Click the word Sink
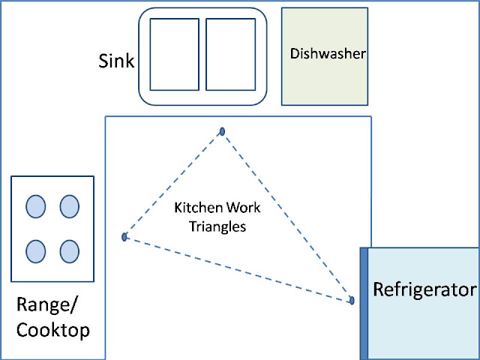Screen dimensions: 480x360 [116, 61]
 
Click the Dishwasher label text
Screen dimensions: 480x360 [328, 53]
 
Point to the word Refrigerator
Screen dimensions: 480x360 [425, 289]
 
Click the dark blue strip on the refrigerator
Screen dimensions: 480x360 [364, 304]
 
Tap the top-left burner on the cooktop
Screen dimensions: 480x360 [36, 207]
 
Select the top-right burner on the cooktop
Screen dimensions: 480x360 [70, 207]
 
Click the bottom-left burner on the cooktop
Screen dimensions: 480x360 [36, 252]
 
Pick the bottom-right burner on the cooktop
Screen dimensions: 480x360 [70, 252]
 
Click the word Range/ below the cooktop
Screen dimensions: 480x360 [46, 305]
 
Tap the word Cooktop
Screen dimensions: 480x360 [53, 330]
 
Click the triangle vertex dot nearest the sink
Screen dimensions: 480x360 [222, 132]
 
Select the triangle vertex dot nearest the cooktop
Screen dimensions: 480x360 [124, 237]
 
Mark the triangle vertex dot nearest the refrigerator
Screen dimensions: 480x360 [352, 300]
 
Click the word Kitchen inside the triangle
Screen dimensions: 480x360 [198, 208]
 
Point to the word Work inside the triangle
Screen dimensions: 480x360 [243, 208]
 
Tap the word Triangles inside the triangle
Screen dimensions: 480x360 [217, 227]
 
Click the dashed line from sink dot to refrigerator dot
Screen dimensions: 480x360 [287, 216]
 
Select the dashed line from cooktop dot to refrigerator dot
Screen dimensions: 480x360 [238, 268]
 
